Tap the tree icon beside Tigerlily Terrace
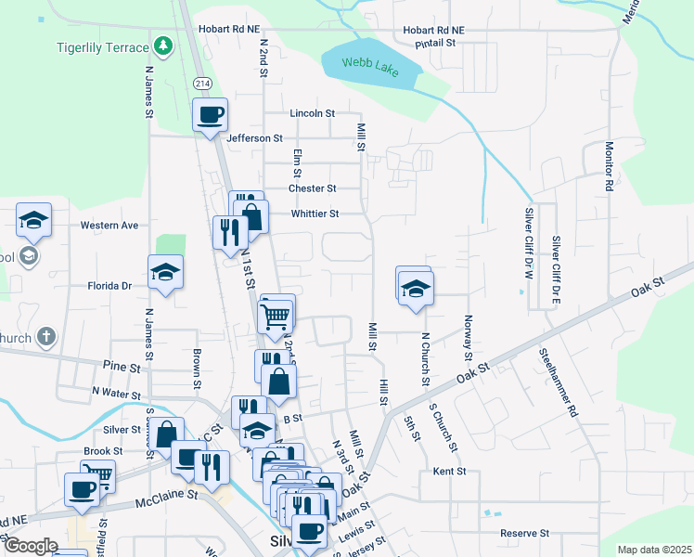coord(163,45)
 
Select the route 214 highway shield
coord(201,84)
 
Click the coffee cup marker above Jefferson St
coord(210,115)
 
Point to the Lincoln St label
coord(312,113)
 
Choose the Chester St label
coord(311,188)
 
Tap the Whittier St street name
coord(315,214)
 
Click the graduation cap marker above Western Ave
coord(33,220)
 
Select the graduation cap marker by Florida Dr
coord(166,271)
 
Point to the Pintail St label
coord(435,43)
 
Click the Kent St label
coord(449,472)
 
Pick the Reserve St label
coord(525,534)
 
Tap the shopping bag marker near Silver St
coord(166,434)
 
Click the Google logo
coord(30,546)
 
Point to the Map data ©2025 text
coord(653,550)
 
